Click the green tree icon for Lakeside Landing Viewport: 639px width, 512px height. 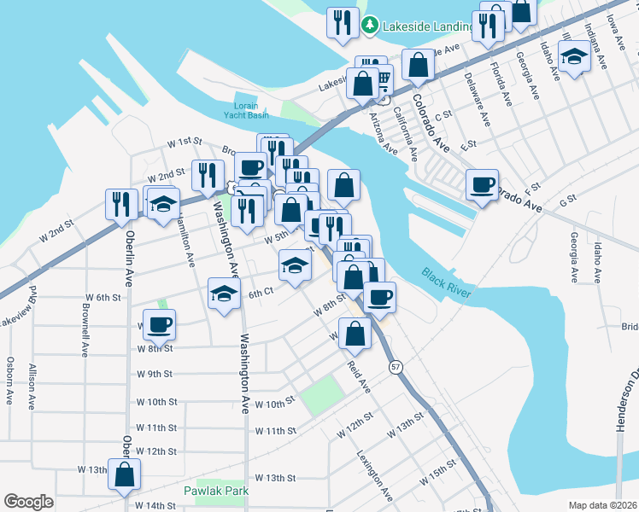pyautogui.click(x=369, y=25)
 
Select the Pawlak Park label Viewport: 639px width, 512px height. pyautogui.click(x=215, y=491)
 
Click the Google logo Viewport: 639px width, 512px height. pyautogui.click(x=28, y=502)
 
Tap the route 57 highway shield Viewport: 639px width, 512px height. pyautogui.click(x=395, y=366)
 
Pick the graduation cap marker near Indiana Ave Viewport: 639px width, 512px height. pyautogui.click(x=575, y=57)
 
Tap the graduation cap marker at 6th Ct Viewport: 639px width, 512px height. pyautogui.click(x=225, y=294)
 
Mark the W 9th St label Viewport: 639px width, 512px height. pyautogui.click(x=155, y=374)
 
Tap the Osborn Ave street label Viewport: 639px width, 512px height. pyautogui.click(x=10, y=380)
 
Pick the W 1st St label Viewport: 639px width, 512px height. pyautogui.click(x=184, y=141)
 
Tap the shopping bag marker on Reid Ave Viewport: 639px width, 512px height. pyautogui.click(x=355, y=334)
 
